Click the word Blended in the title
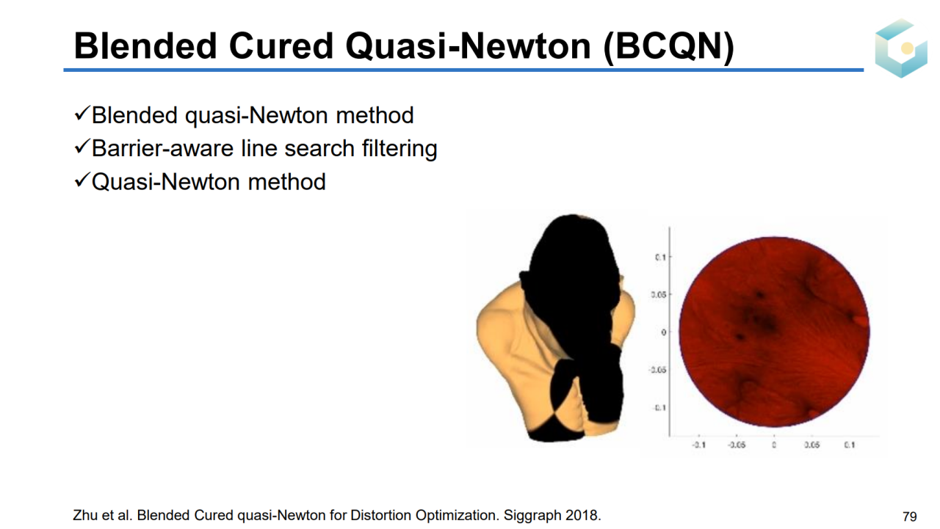(x=145, y=45)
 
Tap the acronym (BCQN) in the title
(x=668, y=47)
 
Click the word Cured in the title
(x=281, y=45)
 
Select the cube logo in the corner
(x=900, y=48)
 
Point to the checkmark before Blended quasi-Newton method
(x=82, y=113)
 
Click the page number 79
(x=909, y=516)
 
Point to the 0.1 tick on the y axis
(x=660, y=257)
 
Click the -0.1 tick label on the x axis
(x=698, y=445)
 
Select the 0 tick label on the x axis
(x=774, y=445)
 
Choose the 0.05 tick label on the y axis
(x=659, y=295)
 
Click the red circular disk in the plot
(x=774, y=332)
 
